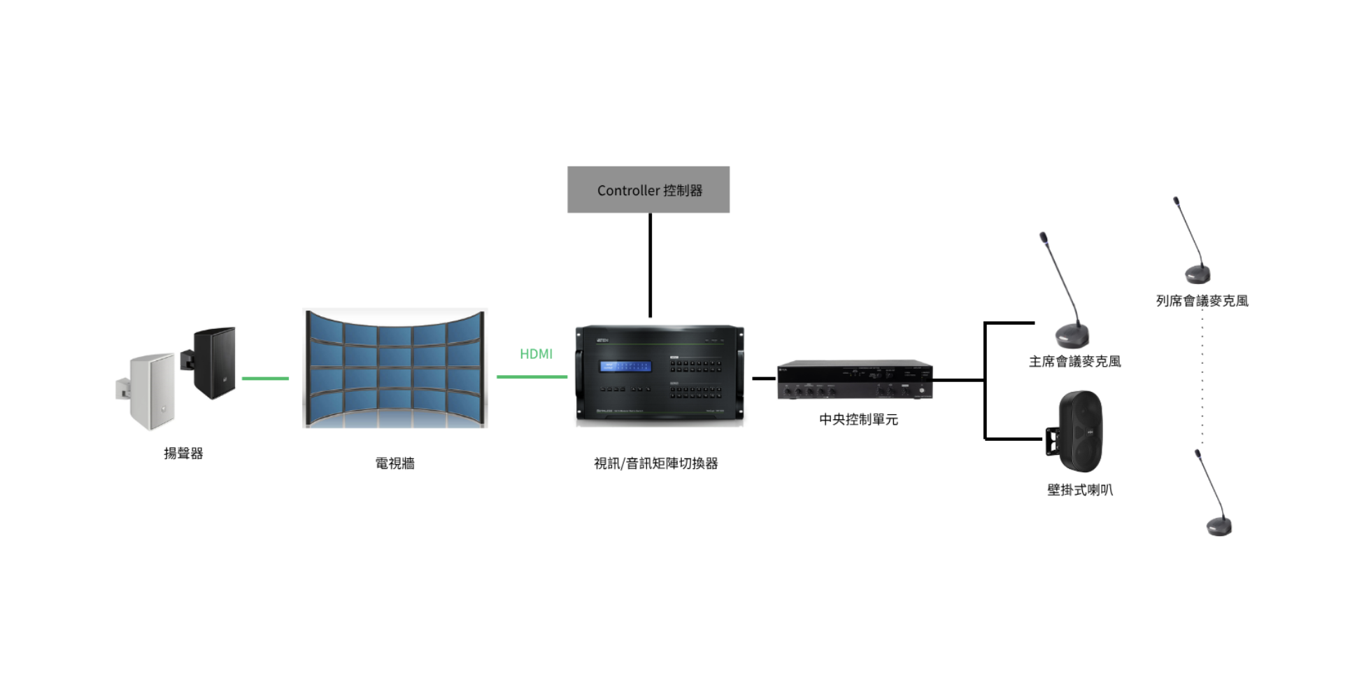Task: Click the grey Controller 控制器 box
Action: (648, 190)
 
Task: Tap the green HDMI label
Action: (536, 354)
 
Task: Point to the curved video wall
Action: (395, 368)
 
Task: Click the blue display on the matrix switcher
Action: (625, 366)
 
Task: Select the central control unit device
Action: (855, 380)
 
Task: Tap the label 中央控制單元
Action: (858, 419)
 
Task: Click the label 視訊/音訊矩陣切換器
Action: (655, 463)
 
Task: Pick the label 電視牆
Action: (395, 463)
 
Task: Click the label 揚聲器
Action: (183, 453)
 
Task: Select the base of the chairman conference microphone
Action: (1072, 336)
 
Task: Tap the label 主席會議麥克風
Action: (1074, 362)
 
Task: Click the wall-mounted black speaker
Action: (1079, 431)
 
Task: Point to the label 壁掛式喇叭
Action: (1079, 490)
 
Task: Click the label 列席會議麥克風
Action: (1202, 301)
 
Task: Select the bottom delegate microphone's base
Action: (1219, 526)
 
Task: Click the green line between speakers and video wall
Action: (265, 379)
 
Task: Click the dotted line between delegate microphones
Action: (1202, 378)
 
